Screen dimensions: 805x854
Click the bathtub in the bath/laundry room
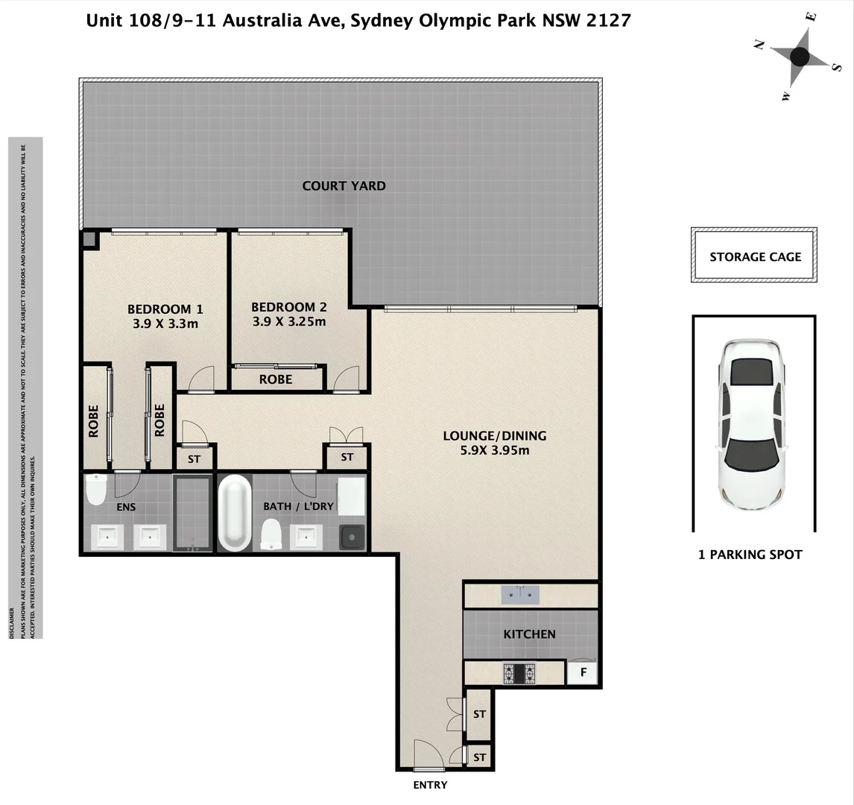235,514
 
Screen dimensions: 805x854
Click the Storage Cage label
755,256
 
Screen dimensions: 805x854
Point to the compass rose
799,57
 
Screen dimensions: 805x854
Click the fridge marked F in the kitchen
583,673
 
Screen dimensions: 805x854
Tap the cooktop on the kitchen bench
519,673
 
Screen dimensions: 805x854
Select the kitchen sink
519,594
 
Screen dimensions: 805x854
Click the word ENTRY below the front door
430,785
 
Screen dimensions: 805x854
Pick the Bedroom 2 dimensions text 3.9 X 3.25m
289,322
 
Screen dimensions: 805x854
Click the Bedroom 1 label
165,309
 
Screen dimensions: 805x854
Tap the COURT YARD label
344,186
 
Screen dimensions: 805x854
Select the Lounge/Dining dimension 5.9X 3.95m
496,450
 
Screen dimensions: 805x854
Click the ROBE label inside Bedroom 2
276,379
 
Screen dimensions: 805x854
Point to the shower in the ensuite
193,514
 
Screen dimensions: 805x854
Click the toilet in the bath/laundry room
271,534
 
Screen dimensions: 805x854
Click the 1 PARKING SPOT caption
750,555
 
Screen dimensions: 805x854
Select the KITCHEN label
529,634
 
